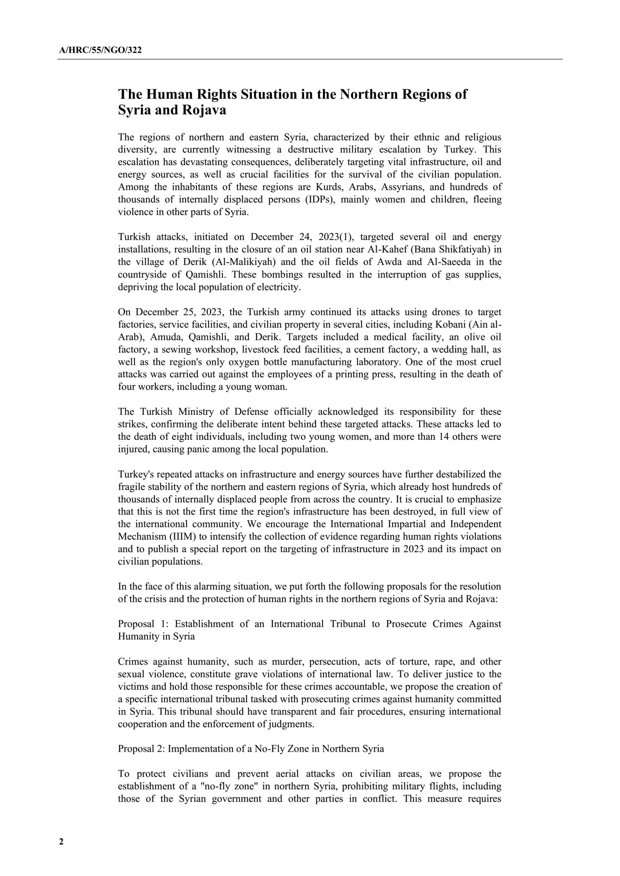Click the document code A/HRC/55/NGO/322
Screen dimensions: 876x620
[x=100, y=50]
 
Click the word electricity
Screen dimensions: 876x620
[x=279, y=287]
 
